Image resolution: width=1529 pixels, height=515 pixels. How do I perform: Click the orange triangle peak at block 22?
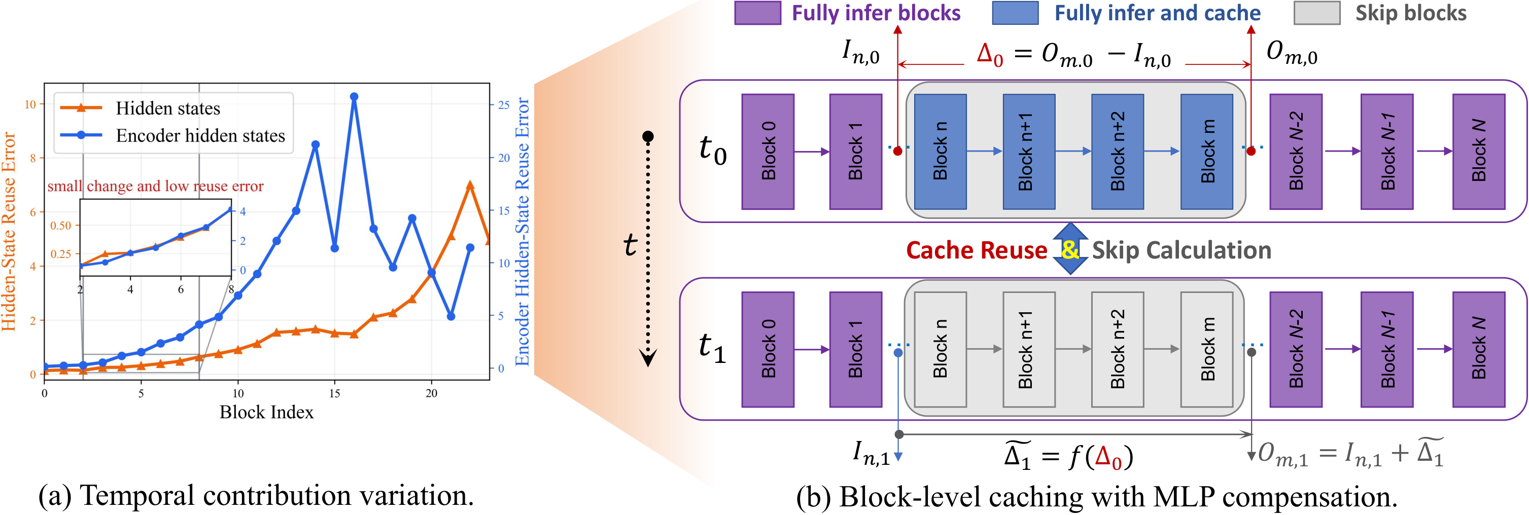pyautogui.click(x=470, y=185)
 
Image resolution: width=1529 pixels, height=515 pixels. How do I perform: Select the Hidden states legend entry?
pyautogui.click(x=167, y=108)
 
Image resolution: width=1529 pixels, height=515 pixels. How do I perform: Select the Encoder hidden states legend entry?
pyautogui.click(x=200, y=136)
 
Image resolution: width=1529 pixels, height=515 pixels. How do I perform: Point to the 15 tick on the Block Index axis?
pyautogui.click(x=335, y=393)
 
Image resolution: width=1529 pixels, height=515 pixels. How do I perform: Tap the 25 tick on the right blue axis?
pyautogui.click(x=503, y=105)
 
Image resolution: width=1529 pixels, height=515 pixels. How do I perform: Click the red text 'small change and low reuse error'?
pyautogui.click(x=156, y=187)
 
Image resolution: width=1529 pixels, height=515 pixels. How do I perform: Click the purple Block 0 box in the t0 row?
pyautogui.click(x=768, y=151)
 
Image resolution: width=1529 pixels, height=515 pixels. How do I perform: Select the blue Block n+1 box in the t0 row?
pyautogui.click(x=1029, y=151)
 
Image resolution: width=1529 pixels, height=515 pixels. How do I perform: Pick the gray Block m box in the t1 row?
pyautogui.click(x=1207, y=349)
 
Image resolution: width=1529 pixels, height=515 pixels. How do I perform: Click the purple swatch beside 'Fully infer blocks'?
pyautogui.click(x=757, y=13)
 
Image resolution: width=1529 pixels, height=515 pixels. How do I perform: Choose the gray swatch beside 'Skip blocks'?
pyautogui.click(x=1316, y=13)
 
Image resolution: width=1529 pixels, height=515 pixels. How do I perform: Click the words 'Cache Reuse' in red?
pyautogui.click(x=977, y=250)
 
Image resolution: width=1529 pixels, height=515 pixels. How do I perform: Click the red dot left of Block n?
pyautogui.click(x=898, y=151)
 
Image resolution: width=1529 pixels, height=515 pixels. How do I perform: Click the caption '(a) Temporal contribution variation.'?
pyautogui.click(x=256, y=495)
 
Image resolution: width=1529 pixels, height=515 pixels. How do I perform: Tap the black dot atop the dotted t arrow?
pyautogui.click(x=648, y=136)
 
